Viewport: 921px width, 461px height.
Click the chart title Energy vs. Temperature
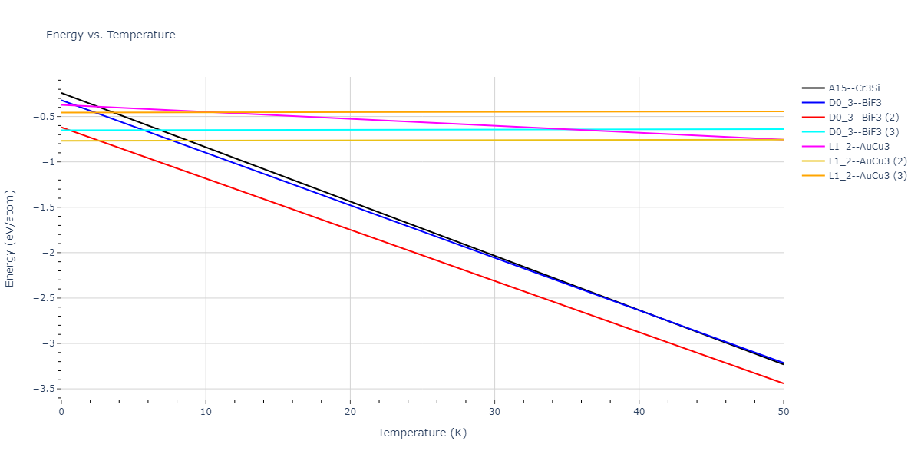coord(111,35)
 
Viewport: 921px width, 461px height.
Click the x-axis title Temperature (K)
coord(421,433)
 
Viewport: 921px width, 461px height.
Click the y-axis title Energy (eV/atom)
coord(10,238)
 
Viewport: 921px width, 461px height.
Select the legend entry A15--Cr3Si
coord(853,88)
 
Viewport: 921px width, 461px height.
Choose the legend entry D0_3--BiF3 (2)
coord(863,118)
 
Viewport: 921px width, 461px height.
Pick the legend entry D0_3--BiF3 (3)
coord(863,132)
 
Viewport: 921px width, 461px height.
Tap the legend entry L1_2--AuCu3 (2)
coord(867,161)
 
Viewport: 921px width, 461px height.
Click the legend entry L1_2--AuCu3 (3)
coord(867,176)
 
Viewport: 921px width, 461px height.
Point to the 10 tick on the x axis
coord(206,412)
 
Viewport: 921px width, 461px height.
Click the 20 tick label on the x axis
coord(350,412)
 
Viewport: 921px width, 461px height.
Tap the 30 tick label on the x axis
coord(494,412)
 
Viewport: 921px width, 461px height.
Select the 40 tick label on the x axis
coord(639,412)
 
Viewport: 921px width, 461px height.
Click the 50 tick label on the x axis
coord(783,412)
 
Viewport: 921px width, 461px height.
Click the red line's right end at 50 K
coord(783,383)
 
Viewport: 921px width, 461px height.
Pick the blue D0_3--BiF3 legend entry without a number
coord(854,103)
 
